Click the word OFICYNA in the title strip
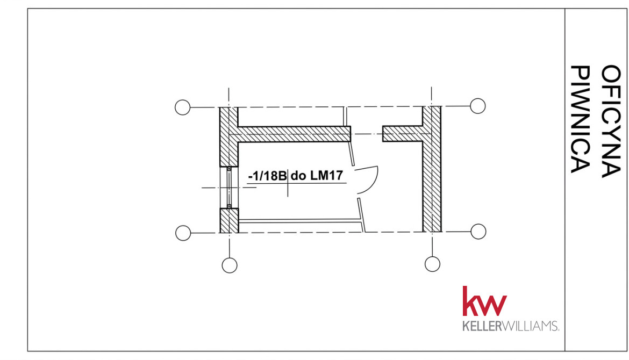click(611, 121)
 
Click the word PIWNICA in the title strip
click(580, 119)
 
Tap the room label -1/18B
click(267, 176)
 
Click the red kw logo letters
click(484, 301)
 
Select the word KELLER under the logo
click(482, 326)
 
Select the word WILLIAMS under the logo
click(530, 326)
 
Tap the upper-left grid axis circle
click(183, 107)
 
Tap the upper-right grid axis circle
click(478, 106)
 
